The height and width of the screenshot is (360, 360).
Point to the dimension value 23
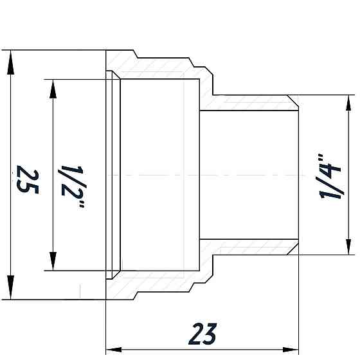click(x=203, y=334)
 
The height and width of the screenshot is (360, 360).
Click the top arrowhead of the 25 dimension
click(x=11, y=62)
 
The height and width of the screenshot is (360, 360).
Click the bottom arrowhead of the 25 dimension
click(x=11, y=289)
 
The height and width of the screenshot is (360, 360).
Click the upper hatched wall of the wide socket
click(x=161, y=67)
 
